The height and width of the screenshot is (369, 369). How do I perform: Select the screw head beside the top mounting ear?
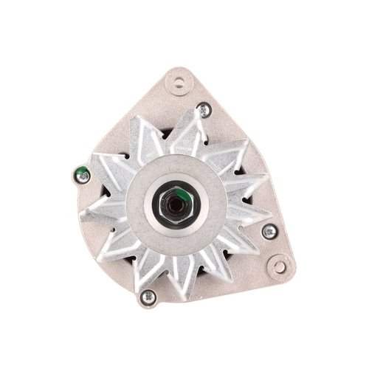204,111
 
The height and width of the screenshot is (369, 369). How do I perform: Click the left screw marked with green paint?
83,176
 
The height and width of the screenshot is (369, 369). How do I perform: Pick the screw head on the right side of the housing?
269,232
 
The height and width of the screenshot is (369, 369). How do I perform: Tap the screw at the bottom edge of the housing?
148,297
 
